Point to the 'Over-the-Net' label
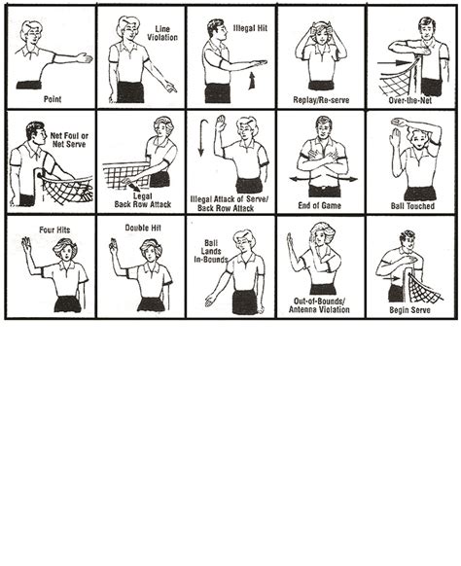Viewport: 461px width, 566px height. pyautogui.click(x=411, y=98)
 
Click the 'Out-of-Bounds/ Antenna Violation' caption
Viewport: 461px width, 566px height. pyautogui.click(x=320, y=304)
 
